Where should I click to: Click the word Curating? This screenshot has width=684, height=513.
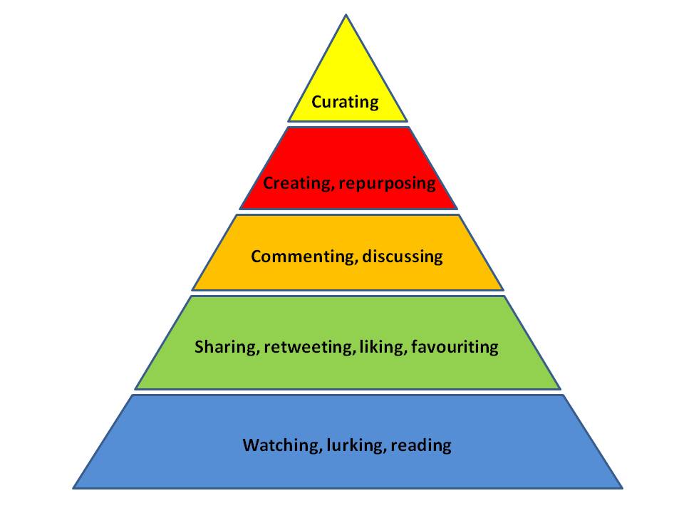coord(345,102)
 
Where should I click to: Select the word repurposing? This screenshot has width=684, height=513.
coord(388,184)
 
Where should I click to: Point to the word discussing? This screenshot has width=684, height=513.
coord(403,256)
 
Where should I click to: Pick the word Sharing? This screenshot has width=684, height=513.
coord(227,347)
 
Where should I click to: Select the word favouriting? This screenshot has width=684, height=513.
coord(455,347)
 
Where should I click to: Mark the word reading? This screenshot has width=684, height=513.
coord(421,445)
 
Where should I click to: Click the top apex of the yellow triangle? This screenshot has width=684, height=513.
coord(346,15)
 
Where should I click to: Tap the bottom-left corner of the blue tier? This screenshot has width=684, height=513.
coord(73,487)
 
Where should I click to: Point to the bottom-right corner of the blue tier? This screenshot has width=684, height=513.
coord(622,487)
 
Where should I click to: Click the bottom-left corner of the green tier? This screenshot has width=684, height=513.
coord(135,389)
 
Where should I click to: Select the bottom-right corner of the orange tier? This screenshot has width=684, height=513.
coord(504,290)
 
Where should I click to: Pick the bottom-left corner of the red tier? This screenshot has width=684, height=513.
coord(240,209)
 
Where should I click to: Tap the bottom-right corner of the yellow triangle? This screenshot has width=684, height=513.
coord(408,121)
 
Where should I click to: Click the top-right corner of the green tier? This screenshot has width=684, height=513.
coord(504,296)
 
